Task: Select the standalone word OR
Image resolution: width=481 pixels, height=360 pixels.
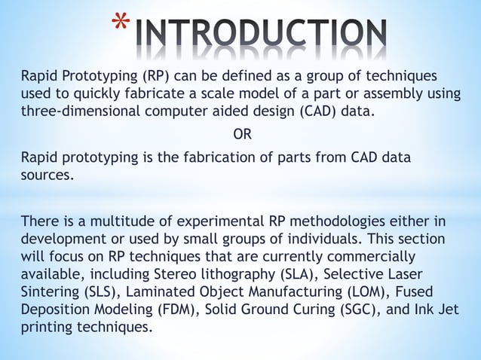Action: tap(242, 135)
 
